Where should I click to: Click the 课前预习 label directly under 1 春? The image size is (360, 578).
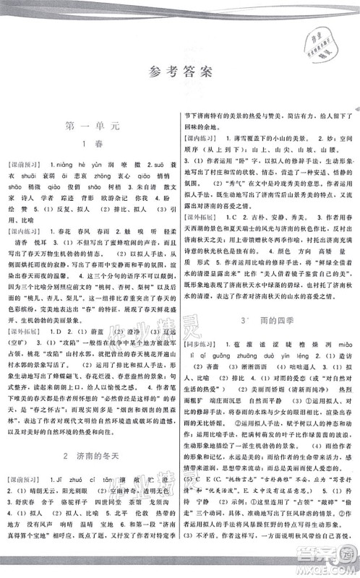pyautogui.click(x=30, y=164)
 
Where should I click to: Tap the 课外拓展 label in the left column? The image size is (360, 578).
pyautogui.click(x=29, y=335)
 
